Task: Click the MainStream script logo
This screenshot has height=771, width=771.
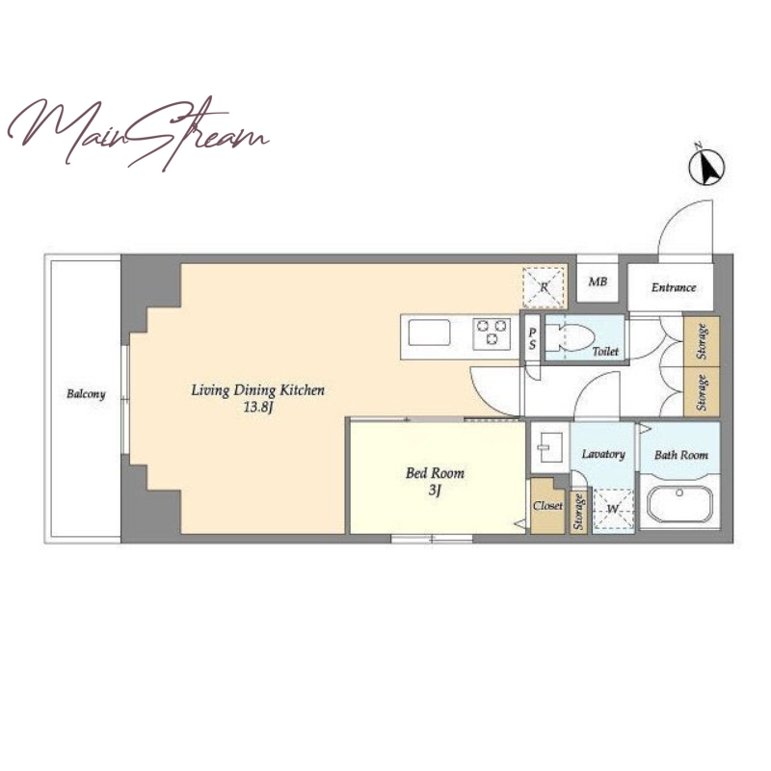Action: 138,132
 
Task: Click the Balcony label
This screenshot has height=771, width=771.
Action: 86,394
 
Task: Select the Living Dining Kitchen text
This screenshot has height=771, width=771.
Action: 257,390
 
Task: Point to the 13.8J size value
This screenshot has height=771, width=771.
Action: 258,407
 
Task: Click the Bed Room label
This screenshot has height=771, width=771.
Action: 435,473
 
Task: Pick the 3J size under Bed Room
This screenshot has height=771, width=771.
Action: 435,491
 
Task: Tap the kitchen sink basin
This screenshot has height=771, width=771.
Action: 429,332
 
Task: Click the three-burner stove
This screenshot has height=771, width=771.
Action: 492,333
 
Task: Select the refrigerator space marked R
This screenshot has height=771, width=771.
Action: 544,287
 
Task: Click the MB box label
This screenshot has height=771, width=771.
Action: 598,281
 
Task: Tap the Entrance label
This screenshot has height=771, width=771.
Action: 674,287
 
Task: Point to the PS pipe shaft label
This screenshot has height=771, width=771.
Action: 532,339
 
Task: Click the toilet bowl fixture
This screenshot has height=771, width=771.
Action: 570,338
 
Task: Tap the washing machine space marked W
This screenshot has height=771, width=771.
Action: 613,510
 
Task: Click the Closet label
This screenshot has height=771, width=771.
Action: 547,505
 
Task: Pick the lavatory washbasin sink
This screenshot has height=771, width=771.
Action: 549,446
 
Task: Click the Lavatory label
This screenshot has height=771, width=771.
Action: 603,454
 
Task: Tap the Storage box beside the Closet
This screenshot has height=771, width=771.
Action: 578,512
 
